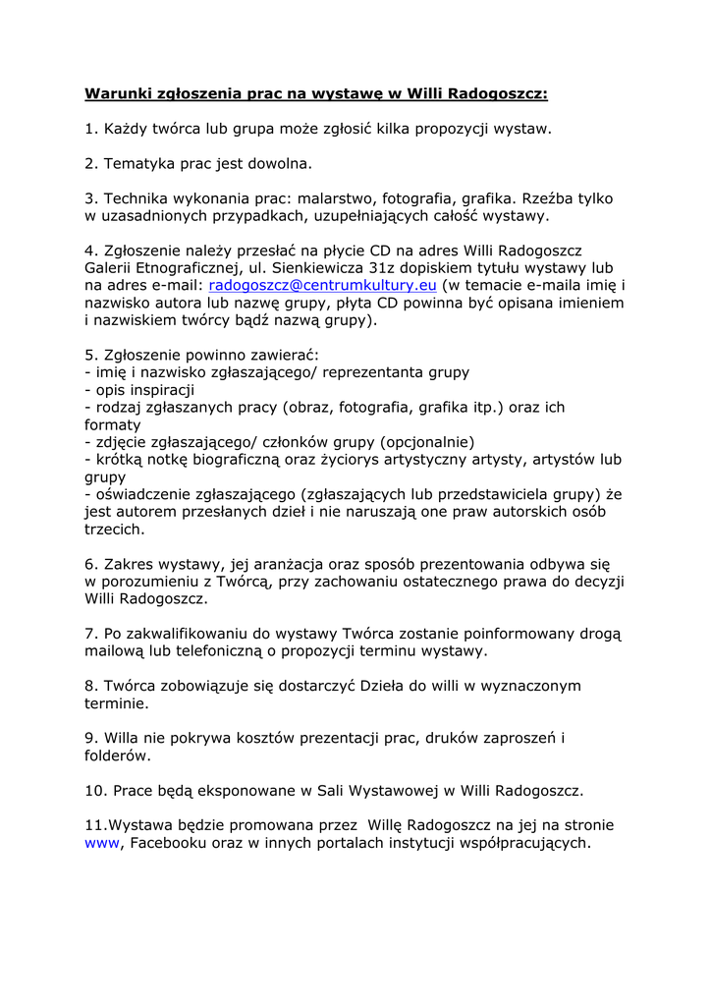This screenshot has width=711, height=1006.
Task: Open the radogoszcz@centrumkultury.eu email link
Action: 322,285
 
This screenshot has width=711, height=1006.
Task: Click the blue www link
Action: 101,843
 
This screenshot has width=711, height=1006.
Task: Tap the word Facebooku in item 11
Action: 168,843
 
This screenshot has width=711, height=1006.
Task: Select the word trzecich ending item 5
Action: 114,530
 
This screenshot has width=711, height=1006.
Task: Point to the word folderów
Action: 118,756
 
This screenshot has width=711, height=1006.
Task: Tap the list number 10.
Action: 94,790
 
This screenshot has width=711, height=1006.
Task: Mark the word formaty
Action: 113,425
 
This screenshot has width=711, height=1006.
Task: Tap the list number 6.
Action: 89,565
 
